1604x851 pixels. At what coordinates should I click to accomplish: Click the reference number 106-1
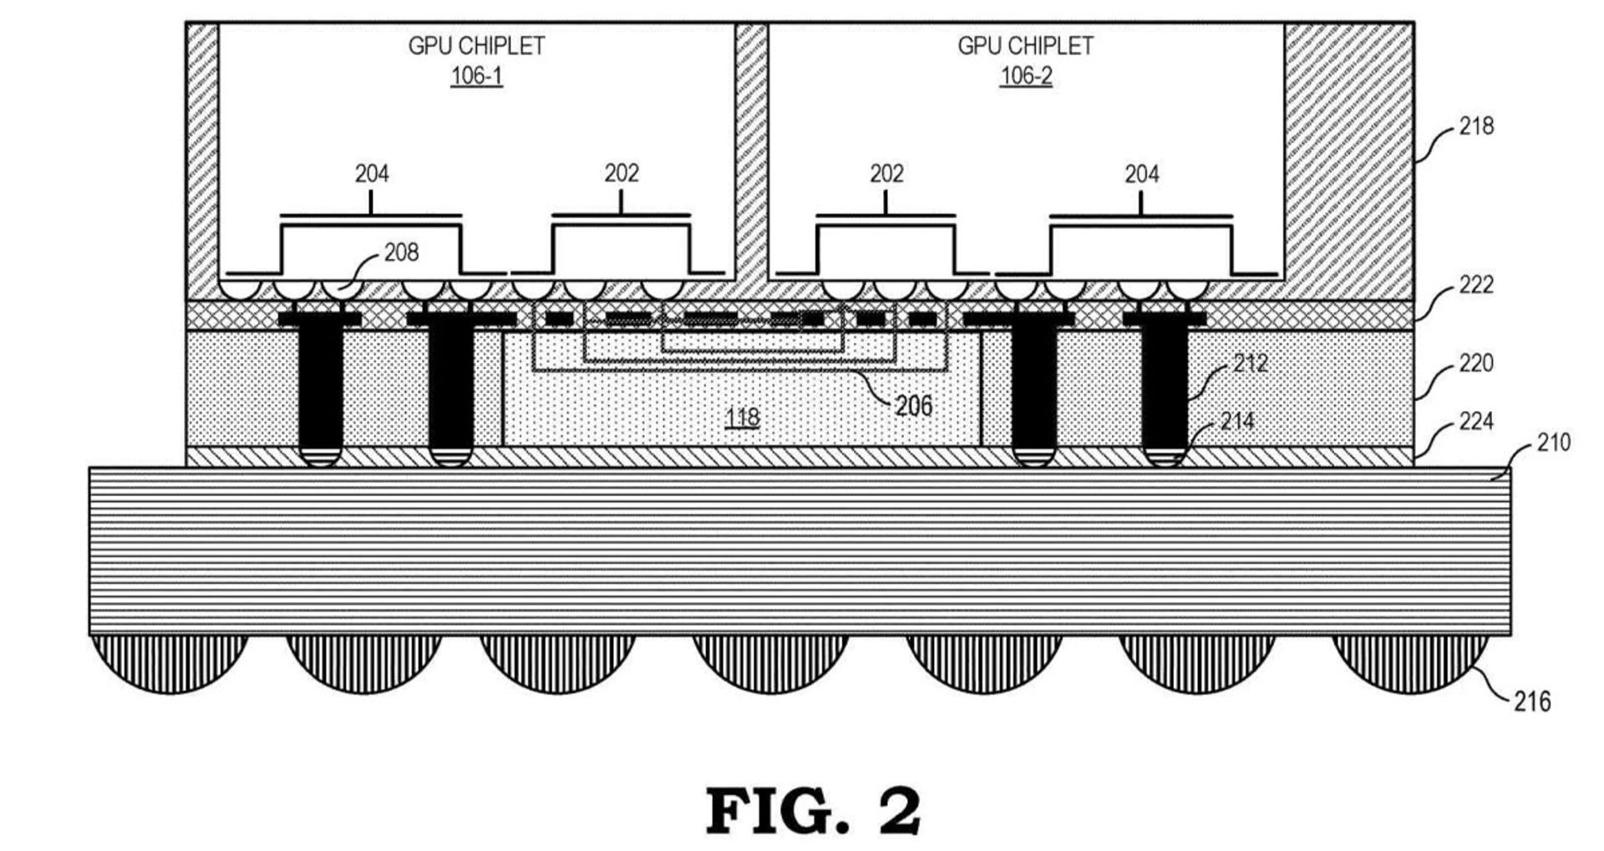[476, 76]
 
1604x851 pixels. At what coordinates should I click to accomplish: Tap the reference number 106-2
[1026, 76]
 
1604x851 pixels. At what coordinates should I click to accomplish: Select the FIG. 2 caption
[813, 810]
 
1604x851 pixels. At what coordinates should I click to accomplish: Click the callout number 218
[1476, 126]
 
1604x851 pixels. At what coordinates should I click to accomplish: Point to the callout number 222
[1476, 285]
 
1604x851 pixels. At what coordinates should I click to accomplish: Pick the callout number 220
[1476, 363]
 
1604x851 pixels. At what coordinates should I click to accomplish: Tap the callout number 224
[1476, 421]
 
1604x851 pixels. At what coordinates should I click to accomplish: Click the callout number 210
[1553, 442]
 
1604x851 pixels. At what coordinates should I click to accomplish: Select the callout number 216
[1532, 702]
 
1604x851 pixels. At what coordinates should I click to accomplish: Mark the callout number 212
[1250, 363]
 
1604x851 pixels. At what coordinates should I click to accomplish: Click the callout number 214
[1237, 421]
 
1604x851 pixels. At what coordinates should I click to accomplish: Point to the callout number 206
[913, 406]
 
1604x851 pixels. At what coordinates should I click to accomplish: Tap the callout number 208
[401, 252]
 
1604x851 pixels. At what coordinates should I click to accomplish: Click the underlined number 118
[742, 418]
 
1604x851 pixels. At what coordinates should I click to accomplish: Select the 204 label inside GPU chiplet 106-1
[372, 174]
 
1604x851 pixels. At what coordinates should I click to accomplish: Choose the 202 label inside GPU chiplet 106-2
[886, 174]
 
